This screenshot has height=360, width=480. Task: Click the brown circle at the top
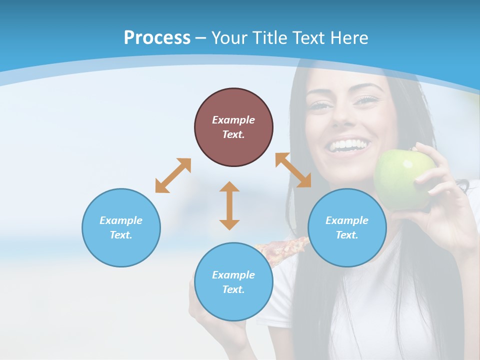point(233,127)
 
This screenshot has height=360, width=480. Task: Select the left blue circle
point(121,227)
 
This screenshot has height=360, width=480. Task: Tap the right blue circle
point(347,227)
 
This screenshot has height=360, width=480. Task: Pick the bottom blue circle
point(233,282)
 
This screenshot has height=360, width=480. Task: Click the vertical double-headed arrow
point(229,205)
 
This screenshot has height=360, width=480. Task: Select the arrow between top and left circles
point(173,175)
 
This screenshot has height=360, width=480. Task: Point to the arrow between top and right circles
point(293,170)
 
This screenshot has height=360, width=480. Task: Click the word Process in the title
point(157,37)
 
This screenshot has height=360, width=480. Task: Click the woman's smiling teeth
point(348,145)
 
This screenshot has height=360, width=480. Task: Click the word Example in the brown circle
point(233,120)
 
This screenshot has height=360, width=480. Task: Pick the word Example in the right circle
point(347,220)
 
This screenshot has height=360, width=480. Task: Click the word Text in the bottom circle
point(232,289)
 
